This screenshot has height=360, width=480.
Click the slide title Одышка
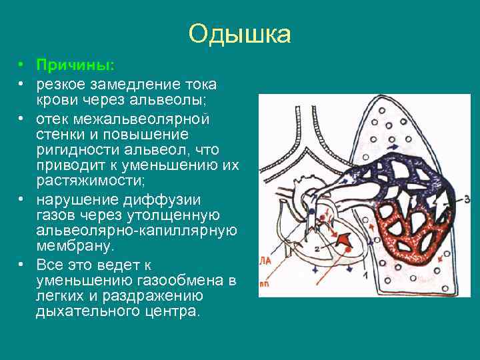239,34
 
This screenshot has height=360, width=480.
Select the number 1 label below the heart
365,275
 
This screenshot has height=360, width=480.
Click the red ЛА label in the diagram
265,261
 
